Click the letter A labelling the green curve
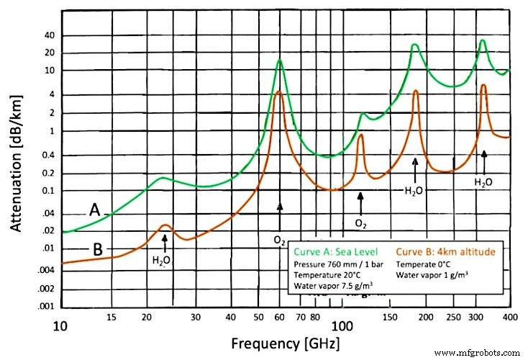coord(95,210)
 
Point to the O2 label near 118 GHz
coord(360,223)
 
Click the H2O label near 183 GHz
coord(414,192)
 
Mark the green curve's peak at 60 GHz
coord(279,60)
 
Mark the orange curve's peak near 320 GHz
coord(483,85)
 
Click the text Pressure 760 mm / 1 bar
coord(340,264)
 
